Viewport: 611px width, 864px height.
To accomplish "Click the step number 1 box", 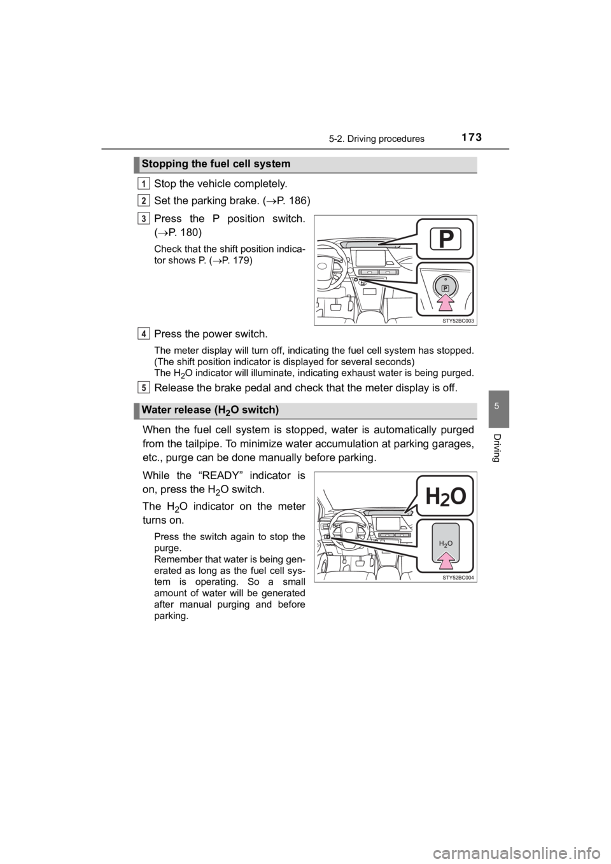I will (145, 183).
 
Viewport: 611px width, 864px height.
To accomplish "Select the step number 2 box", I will (145, 200).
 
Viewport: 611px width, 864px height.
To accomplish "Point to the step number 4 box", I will (145, 333).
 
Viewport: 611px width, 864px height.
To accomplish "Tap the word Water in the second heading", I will (156, 410).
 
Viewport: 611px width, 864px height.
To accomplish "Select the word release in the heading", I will (192, 410).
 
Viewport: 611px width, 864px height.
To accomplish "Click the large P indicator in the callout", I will (446, 238).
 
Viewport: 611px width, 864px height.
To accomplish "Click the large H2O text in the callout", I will (446, 496).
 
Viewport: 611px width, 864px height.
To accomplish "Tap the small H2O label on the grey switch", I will (446, 543).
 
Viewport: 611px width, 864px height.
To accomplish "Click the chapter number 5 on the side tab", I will (499, 405).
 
